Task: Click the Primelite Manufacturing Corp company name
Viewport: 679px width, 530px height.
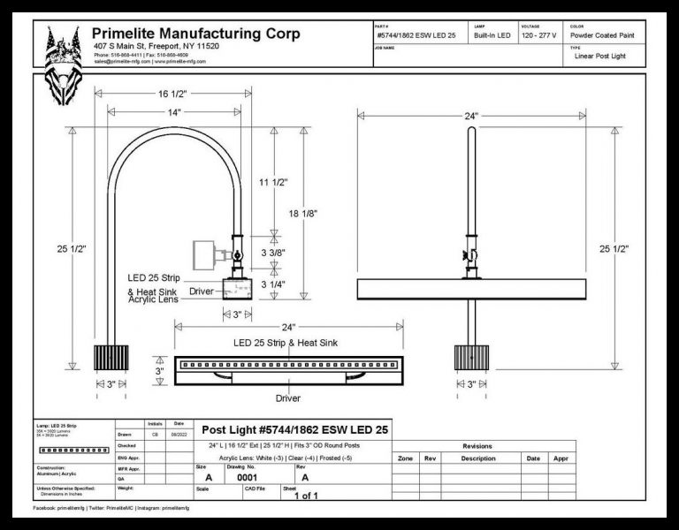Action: [x=196, y=34]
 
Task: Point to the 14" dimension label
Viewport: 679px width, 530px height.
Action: [x=173, y=112]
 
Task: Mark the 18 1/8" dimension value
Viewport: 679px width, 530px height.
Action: [x=327, y=214]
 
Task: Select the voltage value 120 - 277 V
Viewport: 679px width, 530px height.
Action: [x=539, y=35]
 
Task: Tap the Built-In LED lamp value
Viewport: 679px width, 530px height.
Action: [x=492, y=35]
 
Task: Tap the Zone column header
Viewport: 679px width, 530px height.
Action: [x=405, y=458]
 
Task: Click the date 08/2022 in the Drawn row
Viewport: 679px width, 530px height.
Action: [x=178, y=435]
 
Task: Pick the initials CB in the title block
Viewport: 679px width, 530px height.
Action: [x=154, y=435]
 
